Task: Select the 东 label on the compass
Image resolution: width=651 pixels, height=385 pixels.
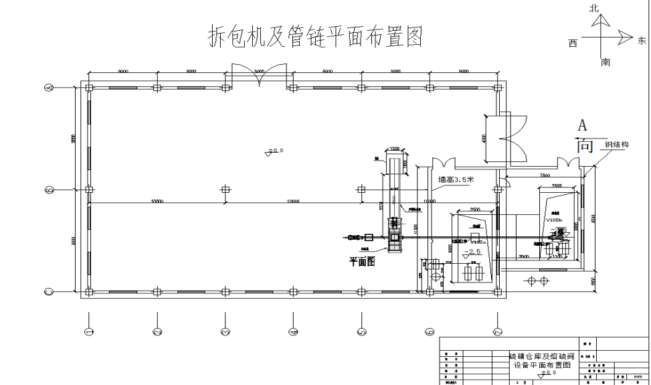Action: click(x=642, y=40)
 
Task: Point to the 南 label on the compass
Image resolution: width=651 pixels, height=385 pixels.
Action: click(x=606, y=62)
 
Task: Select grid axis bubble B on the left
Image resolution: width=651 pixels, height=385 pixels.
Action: click(x=48, y=190)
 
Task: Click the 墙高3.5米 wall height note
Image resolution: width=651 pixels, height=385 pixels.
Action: click(x=456, y=179)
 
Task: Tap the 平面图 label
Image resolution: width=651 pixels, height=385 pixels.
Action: click(x=361, y=261)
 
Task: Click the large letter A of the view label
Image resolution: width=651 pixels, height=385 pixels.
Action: click(x=583, y=125)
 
